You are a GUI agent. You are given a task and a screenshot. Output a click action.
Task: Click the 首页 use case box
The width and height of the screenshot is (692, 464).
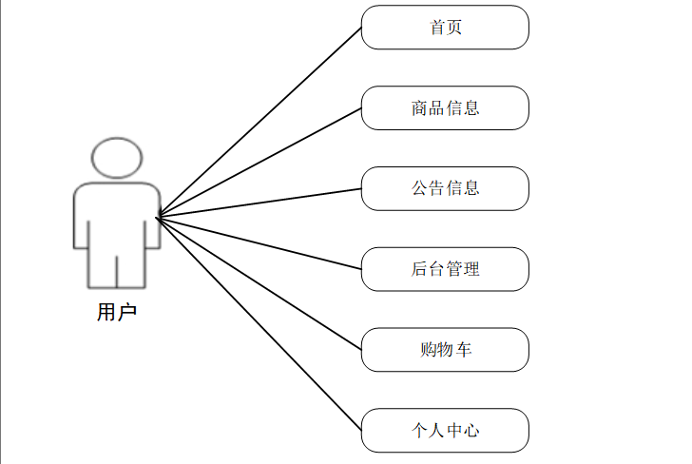tap(445, 27)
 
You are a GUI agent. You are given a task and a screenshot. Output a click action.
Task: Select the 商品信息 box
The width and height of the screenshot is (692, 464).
tap(445, 107)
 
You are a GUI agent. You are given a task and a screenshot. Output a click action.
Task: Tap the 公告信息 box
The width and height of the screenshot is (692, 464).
tap(445, 188)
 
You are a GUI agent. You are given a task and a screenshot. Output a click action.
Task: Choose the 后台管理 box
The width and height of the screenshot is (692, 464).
tap(445, 269)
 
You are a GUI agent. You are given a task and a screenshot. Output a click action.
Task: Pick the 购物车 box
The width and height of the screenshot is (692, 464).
tap(445, 350)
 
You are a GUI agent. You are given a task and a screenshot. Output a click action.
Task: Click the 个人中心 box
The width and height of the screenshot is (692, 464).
tap(445, 431)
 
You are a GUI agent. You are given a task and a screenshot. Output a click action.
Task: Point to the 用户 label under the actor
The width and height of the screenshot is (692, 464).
tap(117, 312)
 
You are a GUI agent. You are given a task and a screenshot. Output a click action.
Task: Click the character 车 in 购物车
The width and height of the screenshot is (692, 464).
tap(463, 350)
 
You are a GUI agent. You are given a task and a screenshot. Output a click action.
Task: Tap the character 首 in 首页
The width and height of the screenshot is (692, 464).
tap(437, 27)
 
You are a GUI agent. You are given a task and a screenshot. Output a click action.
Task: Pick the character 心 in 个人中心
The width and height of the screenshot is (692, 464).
tap(471, 431)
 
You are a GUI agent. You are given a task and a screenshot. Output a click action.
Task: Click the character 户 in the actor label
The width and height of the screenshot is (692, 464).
tap(127, 312)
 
